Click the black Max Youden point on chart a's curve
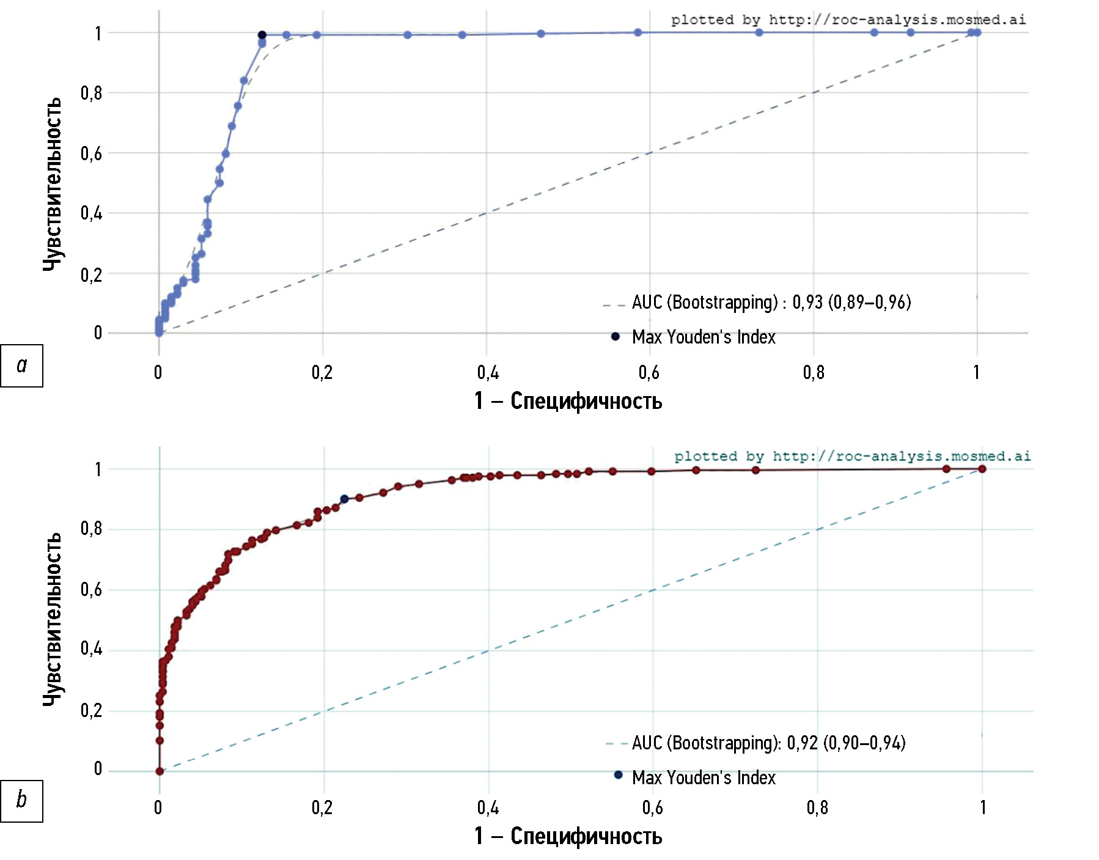pyautogui.click(x=262, y=35)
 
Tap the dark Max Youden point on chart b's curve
pyautogui.click(x=344, y=499)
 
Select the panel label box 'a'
pyautogui.click(x=21, y=366)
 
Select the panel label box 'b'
pyautogui.click(x=21, y=801)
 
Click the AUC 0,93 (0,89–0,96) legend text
pyautogui.click(x=771, y=302)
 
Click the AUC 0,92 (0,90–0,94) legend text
pyautogui.click(x=768, y=743)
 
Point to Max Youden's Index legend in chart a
pyautogui.click(x=703, y=337)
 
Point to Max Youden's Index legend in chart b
pyautogui.click(x=703, y=777)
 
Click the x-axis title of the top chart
pyautogui.click(x=568, y=401)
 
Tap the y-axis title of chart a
pyautogui.click(x=53, y=183)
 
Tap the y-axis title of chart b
pyautogui.click(x=53, y=619)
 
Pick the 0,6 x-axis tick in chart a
pyautogui.click(x=649, y=372)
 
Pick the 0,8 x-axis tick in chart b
pyautogui.click(x=817, y=808)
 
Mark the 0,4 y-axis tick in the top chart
pyautogui.click(x=91, y=213)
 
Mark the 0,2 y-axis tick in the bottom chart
pyautogui.click(x=91, y=711)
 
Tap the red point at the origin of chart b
pyautogui.click(x=160, y=771)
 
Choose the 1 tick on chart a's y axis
pyautogui.click(x=98, y=34)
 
